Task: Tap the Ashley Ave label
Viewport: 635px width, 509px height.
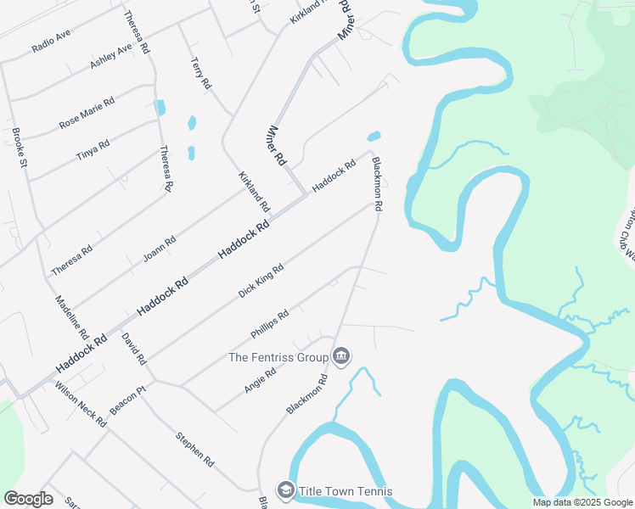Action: coord(111,57)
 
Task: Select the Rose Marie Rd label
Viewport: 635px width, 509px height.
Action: coord(87,113)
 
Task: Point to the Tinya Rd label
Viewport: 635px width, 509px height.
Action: coord(93,150)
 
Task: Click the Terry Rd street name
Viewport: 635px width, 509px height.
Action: coord(200,74)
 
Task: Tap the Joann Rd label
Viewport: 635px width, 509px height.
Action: coord(160,248)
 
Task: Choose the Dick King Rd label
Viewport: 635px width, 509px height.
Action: coord(260,281)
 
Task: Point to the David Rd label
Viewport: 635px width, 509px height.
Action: coord(133,349)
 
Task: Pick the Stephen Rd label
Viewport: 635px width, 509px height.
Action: coord(194,449)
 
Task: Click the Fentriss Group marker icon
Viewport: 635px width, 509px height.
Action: coord(341,355)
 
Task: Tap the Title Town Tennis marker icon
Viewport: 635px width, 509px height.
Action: coord(286,490)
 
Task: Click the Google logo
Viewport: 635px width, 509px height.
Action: coord(28,499)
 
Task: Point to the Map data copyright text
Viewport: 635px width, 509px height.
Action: coord(582,502)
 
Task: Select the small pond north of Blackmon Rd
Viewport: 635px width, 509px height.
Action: coord(374,136)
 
